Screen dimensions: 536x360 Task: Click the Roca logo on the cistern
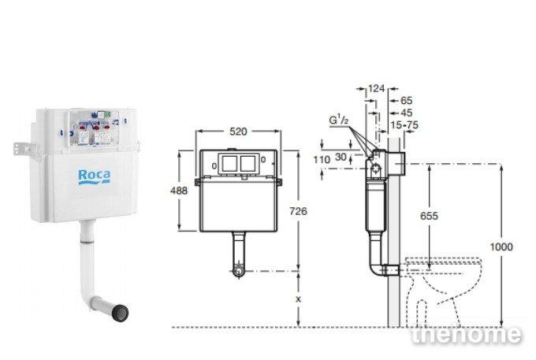click(x=95, y=177)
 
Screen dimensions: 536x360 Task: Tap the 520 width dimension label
click(x=238, y=132)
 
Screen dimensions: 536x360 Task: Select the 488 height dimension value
click(x=179, y=191)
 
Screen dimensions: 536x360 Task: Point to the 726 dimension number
click(x=298, y=211)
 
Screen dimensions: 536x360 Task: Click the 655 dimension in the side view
click(x=429, y=216)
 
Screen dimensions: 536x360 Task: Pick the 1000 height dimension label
click(x=501, y=247)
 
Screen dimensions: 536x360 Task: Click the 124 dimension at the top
click(x=376, y=88)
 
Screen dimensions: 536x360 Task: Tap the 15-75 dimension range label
click(x=404, y=125)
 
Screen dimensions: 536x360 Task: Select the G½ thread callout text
click(x=338, y=120)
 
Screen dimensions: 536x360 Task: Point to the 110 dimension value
click(x=322, y=159)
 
